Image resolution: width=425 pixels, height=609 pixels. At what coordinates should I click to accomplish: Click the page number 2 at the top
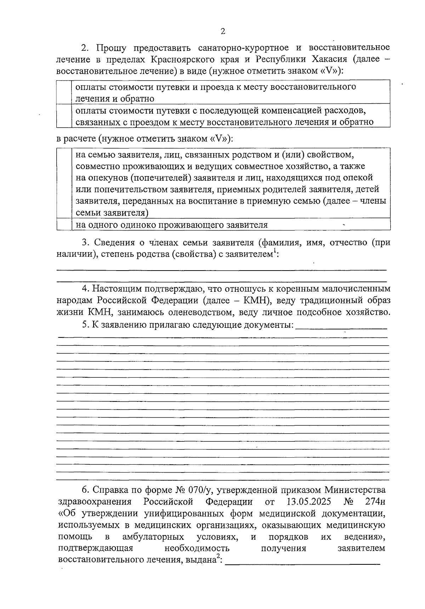point(223,31)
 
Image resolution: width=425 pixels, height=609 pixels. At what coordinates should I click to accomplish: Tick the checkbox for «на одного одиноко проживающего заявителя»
point(64,225)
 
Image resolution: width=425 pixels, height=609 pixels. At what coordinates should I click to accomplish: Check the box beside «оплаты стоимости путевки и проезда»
point(64,92)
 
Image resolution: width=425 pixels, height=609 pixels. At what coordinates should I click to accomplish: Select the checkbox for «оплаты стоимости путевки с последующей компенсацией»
point(64,116)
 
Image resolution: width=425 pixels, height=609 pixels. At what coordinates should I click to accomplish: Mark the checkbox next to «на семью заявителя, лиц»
point(64,184)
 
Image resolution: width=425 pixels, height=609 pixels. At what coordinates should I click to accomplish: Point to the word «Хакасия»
point(326,59)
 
